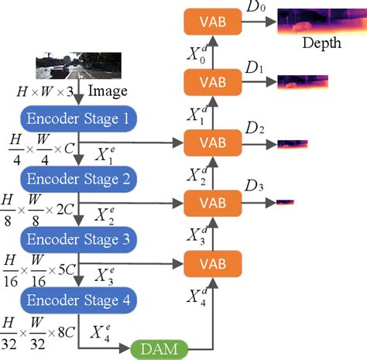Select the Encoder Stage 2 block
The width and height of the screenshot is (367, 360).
click(79, 177)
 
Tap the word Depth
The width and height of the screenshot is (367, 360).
click(321, 43)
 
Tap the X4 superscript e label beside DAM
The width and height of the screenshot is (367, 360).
click(106, 333)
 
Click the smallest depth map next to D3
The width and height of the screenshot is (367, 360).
click(285, 202)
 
